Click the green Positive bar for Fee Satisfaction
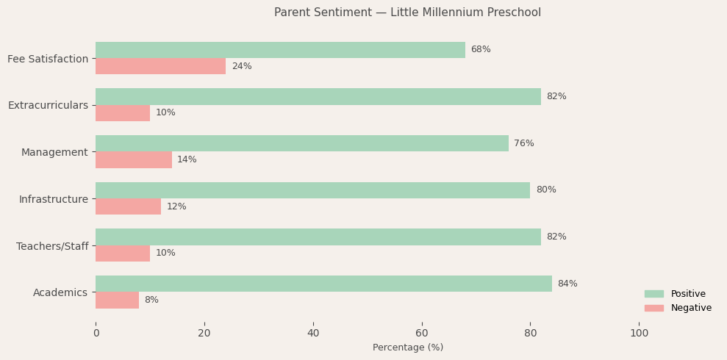click(x=280, y=50)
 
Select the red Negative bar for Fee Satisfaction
click(x=160, y=66)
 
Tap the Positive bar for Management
click(x=301, y=143)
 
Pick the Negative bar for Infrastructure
click(x=128, y=206)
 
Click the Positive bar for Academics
click(x=323, y=284)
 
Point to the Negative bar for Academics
click(x=117, y=300)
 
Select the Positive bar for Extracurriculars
click(x=318, y=96)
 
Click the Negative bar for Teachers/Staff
click(x=123, y=253)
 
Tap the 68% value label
click(x=481, y=50)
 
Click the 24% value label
click(x=242, y=66)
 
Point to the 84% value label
click(x=567, y=284)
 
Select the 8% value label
click(x=151, y=300)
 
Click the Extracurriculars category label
click(x=48, y=105)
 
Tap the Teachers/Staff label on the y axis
click(x=52, y=246)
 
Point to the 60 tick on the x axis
click(x=422, y=333)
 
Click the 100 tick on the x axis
click(x=640, y=333)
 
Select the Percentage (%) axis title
click(x=408, y=348)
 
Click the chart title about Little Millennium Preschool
click(x=407, y=12)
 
